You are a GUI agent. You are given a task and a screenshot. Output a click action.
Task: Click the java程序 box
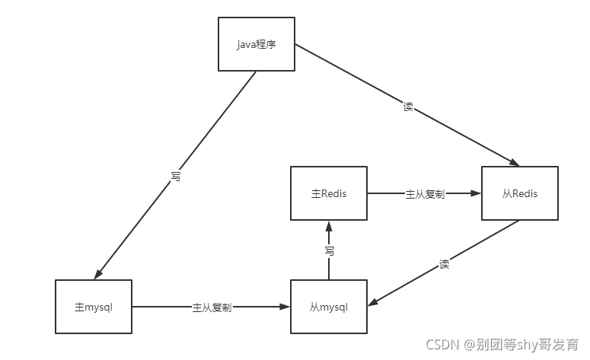(x=256, y=44)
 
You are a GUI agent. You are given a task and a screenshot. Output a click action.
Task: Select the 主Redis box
(x=329, y=193)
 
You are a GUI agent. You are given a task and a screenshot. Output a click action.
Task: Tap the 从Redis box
(x=520, y=193)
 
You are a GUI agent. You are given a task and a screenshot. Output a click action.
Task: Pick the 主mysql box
(x=94, y=307)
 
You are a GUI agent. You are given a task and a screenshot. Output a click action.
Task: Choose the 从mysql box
(x=329, y=307)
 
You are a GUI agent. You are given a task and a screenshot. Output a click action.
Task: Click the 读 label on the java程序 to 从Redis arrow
(x=408, y=107)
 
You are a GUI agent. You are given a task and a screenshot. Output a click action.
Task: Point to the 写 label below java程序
(x=176, y=176)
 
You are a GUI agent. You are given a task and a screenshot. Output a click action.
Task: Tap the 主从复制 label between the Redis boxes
(x=425, y=194)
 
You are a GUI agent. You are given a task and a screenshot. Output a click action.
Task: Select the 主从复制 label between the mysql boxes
(x=212, y=307)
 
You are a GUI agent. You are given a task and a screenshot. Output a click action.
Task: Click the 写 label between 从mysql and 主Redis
(x=329, y=250)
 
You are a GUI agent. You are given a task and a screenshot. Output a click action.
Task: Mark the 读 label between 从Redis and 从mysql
(x=444, y=265)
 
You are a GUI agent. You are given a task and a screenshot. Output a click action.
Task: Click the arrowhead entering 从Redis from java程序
(x=514, y=163)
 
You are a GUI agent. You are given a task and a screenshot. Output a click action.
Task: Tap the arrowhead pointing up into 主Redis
(x=329, y=226)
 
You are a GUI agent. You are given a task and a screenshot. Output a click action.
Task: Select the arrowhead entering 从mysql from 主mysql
(x=285, y=307)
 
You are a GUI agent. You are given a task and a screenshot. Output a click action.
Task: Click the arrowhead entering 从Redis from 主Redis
(x=477, y=193)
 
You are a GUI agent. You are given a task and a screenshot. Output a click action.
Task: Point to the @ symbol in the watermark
(x=470, y=345)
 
